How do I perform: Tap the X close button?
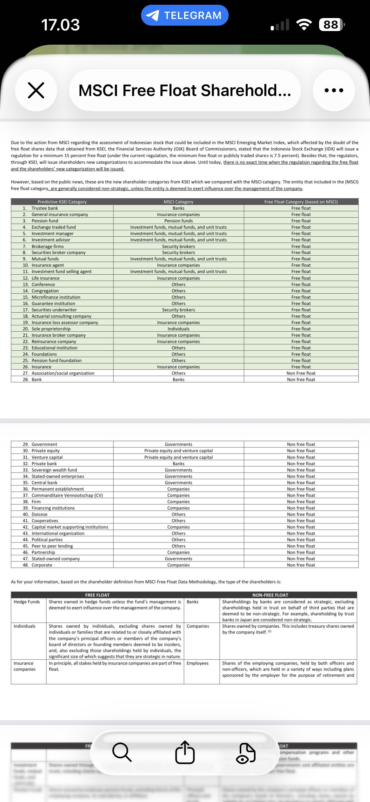click(x=36, y=90)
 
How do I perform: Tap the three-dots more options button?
click(x=334, y=90)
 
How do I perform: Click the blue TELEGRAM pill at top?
click(x=185, y=15)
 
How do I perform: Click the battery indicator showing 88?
click(x=331, y=25)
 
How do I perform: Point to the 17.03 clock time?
click(x=60, y=25)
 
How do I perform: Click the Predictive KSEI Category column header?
click(x=62, y=202)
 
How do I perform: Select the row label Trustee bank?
click(x=45, y=208)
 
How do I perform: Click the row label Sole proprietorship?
click(x=51, y=329)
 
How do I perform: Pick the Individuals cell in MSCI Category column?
click(x=178, y=329)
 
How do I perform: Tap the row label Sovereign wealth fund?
click(x=54, y=470)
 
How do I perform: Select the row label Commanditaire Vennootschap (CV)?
click(x=67, y=495)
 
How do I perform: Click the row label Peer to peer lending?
click(x=52, y=546)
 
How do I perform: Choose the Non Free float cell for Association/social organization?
click(x=301, y=373)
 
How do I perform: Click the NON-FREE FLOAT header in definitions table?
click(x=270, y=595)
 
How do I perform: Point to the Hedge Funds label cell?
click(x=27, y=602)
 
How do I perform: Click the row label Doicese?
click(x=40, y=514)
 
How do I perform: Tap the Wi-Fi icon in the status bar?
click(x=304, y=25)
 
